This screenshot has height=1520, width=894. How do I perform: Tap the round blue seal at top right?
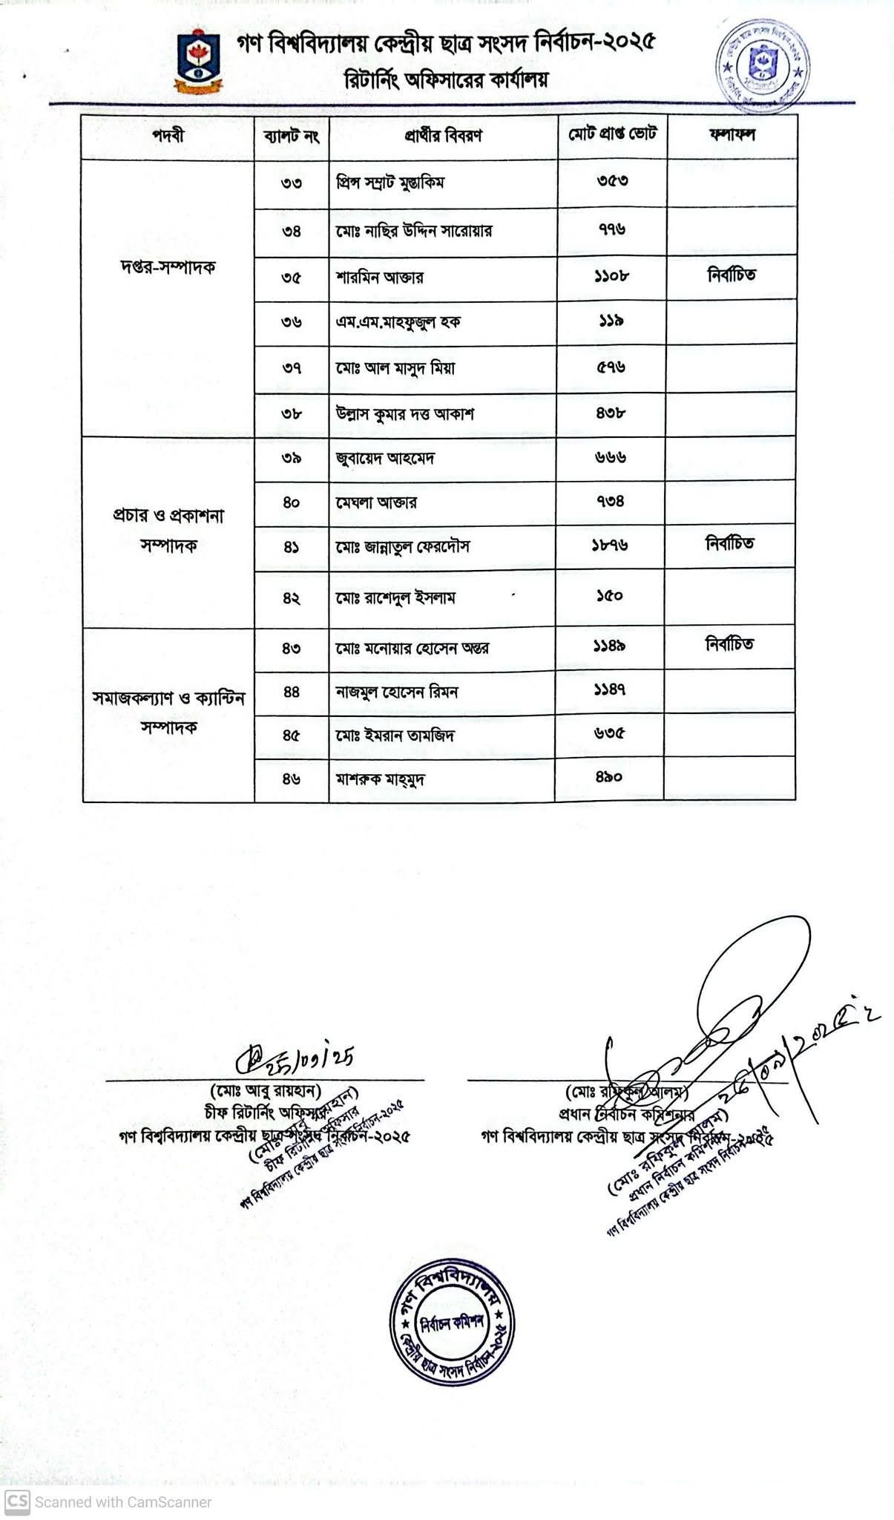tap(762, 60)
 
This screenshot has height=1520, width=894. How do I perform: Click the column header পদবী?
tap(168, 136)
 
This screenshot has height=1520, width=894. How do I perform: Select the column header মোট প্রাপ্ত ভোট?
tap(612, 134)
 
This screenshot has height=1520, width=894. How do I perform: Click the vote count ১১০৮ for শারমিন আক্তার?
tap(611, 275)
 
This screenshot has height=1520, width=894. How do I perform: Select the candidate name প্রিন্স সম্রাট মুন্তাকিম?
tap(390, 183)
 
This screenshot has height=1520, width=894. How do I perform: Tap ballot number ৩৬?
tap(292, 322)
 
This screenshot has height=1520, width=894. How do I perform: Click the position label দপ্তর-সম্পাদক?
tap(168, 268)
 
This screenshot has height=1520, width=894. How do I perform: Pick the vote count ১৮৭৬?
tap(610, 546)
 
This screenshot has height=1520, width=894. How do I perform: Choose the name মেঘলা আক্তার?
tap(376, 502)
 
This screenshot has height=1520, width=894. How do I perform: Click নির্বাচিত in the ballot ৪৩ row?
tap(729, 644)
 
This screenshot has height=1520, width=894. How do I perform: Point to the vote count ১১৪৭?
tap(609, 691)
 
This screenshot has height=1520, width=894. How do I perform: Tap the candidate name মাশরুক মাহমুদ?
tap(381, 779)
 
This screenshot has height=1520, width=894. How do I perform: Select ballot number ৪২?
tap(291, 597)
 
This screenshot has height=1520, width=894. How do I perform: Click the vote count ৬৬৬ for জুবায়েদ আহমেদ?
tap(610, 458)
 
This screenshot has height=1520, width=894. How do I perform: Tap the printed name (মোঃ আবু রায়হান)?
tap(265, 1091)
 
